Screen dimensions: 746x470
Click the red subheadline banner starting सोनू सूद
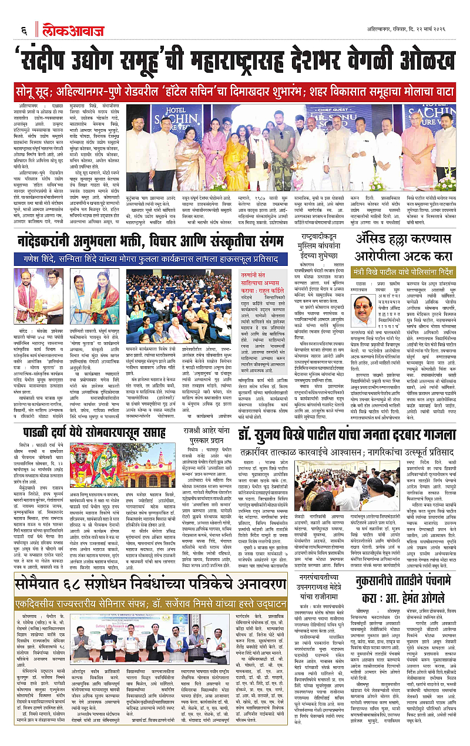(234, 92)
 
